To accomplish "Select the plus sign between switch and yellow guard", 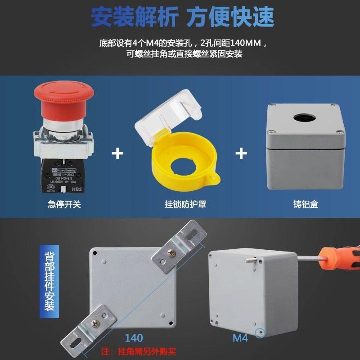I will pos(117,153).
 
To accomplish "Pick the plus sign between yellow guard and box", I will pos(242,153).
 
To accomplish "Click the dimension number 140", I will pos(134,337).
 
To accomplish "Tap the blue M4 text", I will pos(241,337).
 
